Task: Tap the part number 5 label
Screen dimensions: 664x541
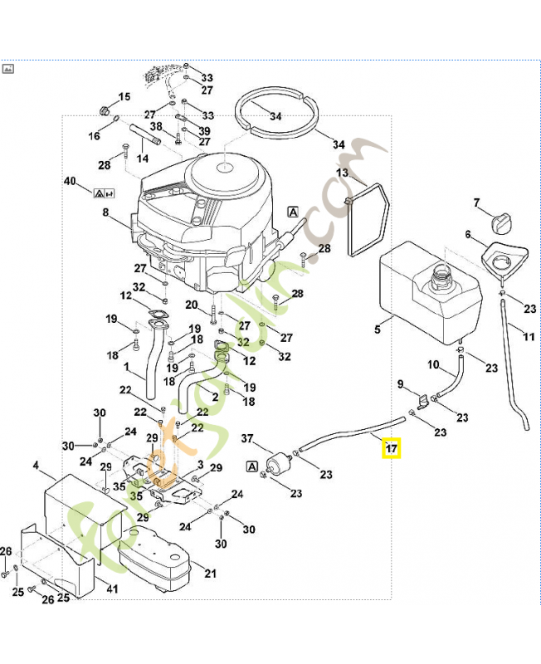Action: click(x=378, y=330)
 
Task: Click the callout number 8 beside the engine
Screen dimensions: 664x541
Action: click(x=105, y=213)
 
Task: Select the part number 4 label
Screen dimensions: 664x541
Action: click(x=36, y=466)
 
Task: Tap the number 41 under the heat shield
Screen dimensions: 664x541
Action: click(x=113, y=589)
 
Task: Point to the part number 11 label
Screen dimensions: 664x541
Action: click(x=529, y=335)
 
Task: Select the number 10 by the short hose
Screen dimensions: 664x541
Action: click(x=433, y=364)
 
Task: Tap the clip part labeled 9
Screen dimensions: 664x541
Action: click(x=422, y=403)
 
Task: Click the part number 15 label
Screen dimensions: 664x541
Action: click(x=125, y=97)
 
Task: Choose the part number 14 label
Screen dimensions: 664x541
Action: click(x=143, y=158)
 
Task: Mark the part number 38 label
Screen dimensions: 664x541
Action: click(x=156, y=127)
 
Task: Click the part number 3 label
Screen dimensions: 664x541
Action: click(x=199, y=463)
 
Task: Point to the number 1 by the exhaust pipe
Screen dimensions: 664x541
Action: click(x=126, y=366)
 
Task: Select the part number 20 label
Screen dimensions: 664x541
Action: click(x=192, y=305)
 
